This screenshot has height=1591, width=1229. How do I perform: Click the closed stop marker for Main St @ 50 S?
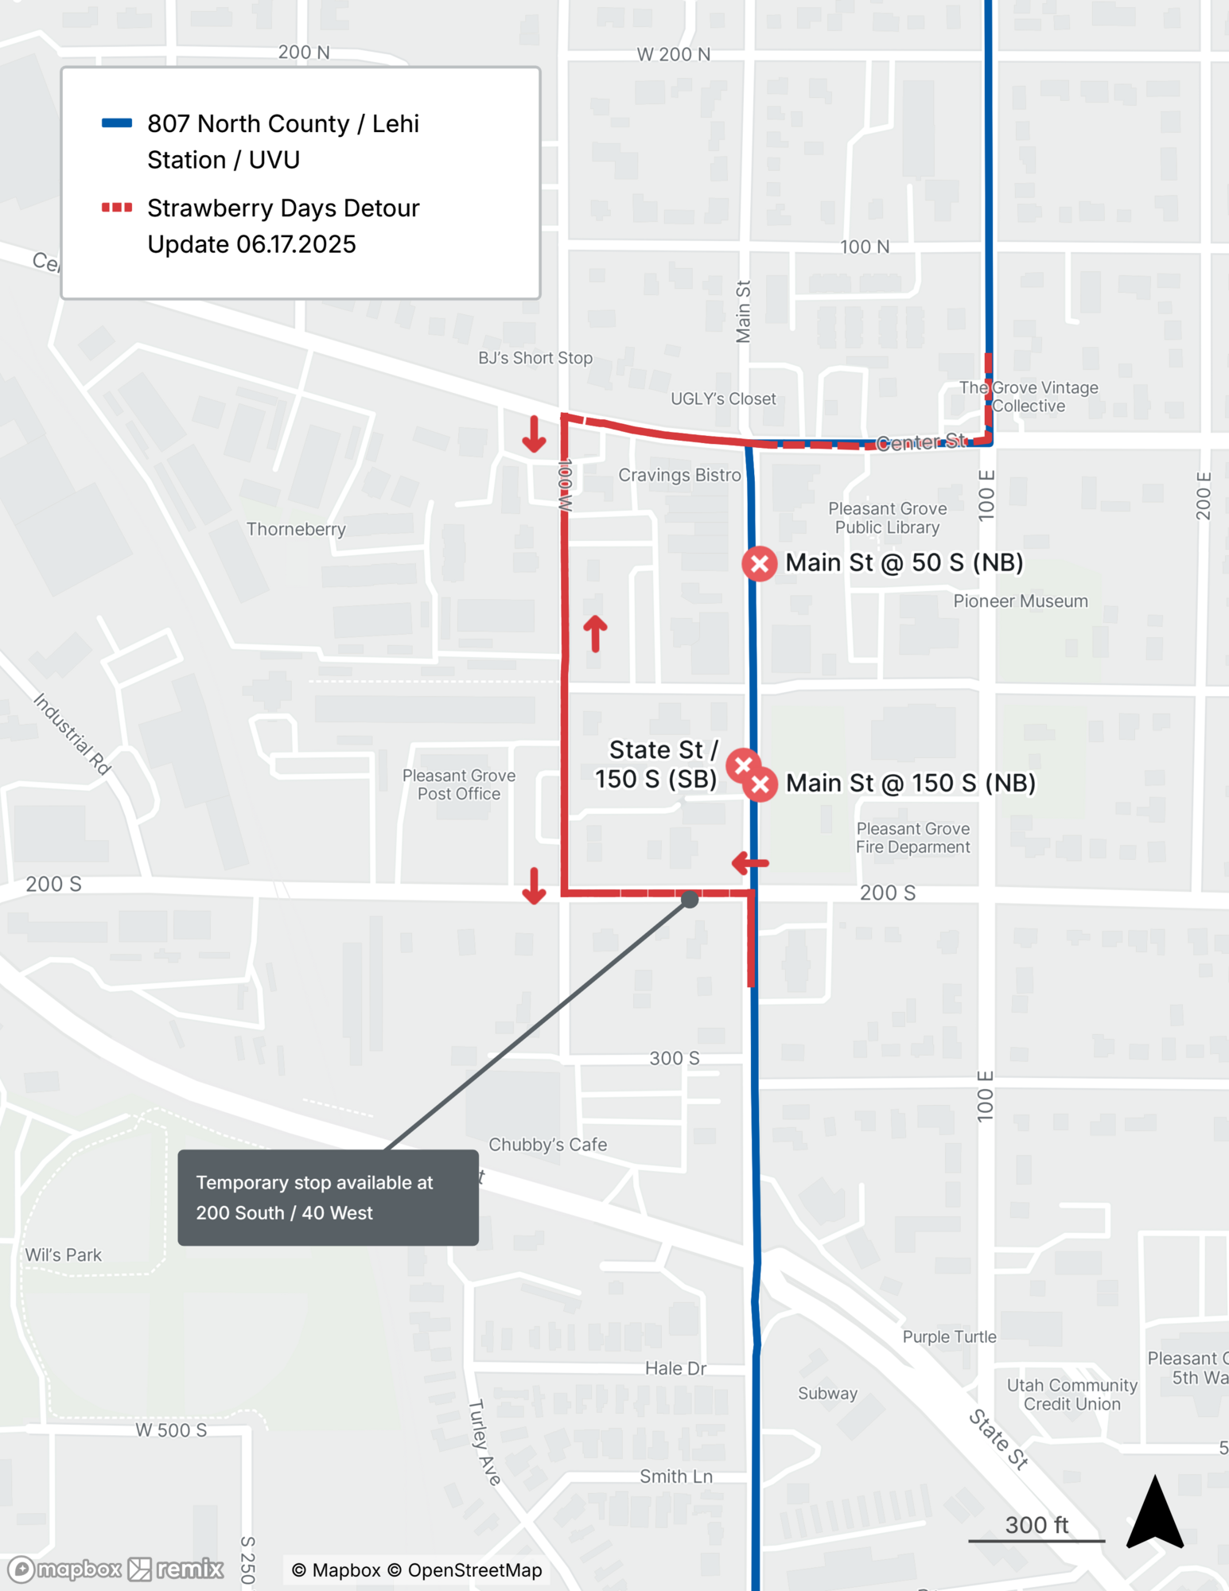pos(759,564)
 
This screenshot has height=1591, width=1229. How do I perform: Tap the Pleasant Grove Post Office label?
pos(458,784)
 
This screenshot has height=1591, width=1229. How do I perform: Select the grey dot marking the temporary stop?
pos(690,900)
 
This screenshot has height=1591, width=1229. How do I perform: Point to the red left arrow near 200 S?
pos(749,862)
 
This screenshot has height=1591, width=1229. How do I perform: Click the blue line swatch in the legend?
pos(117,123)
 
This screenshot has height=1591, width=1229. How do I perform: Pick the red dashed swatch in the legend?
pos(117,208)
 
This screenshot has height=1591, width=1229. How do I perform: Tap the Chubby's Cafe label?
pos(547,1145)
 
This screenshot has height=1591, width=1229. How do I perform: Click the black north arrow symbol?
pos(1155,1514)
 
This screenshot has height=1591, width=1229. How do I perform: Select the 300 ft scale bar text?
pos(1036,1525)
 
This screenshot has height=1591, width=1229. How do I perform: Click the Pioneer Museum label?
pos(1020,601)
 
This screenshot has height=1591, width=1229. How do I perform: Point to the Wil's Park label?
pos(64,1255)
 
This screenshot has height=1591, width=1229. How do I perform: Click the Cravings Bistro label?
pos(679,475)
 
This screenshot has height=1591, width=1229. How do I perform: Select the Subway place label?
pos(827,1394)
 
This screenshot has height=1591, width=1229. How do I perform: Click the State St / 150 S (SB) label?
pos(657,764)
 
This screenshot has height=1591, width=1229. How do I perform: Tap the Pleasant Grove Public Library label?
pos(887,518)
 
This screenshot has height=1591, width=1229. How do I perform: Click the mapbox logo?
pos(64,1569)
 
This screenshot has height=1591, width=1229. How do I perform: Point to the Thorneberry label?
pos(296,529)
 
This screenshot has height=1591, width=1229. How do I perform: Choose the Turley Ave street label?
pos(484,1442)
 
